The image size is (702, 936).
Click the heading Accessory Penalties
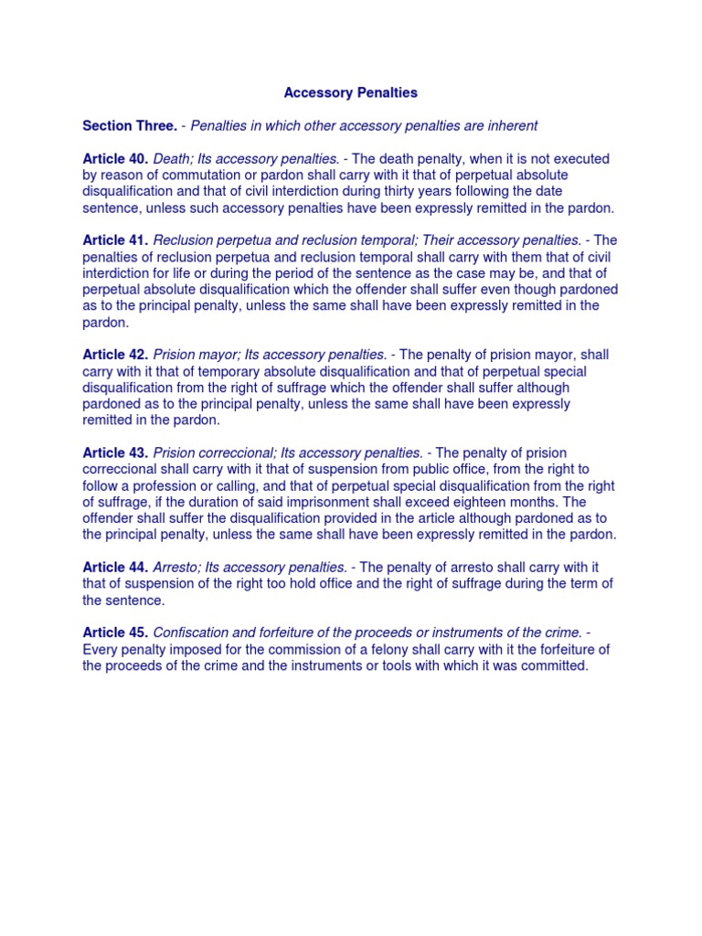click(x=351, y=92)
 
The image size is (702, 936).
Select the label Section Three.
click(x=130, y=125)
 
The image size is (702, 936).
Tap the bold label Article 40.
click(x=115, y=158)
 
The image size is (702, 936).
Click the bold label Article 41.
click(x=115, y=239)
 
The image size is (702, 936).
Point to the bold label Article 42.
click(x=115, y=355)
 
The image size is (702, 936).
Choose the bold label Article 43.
click(x=115, y=452)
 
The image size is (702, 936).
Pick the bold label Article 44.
click(x=115, y=568)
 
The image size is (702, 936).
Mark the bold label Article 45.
click(x=115, y=633)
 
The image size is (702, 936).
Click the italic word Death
click(x=172, y=158)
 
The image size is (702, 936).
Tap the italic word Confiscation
click(x=191, y=633)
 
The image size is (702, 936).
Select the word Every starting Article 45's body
click(x=100, y=649)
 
